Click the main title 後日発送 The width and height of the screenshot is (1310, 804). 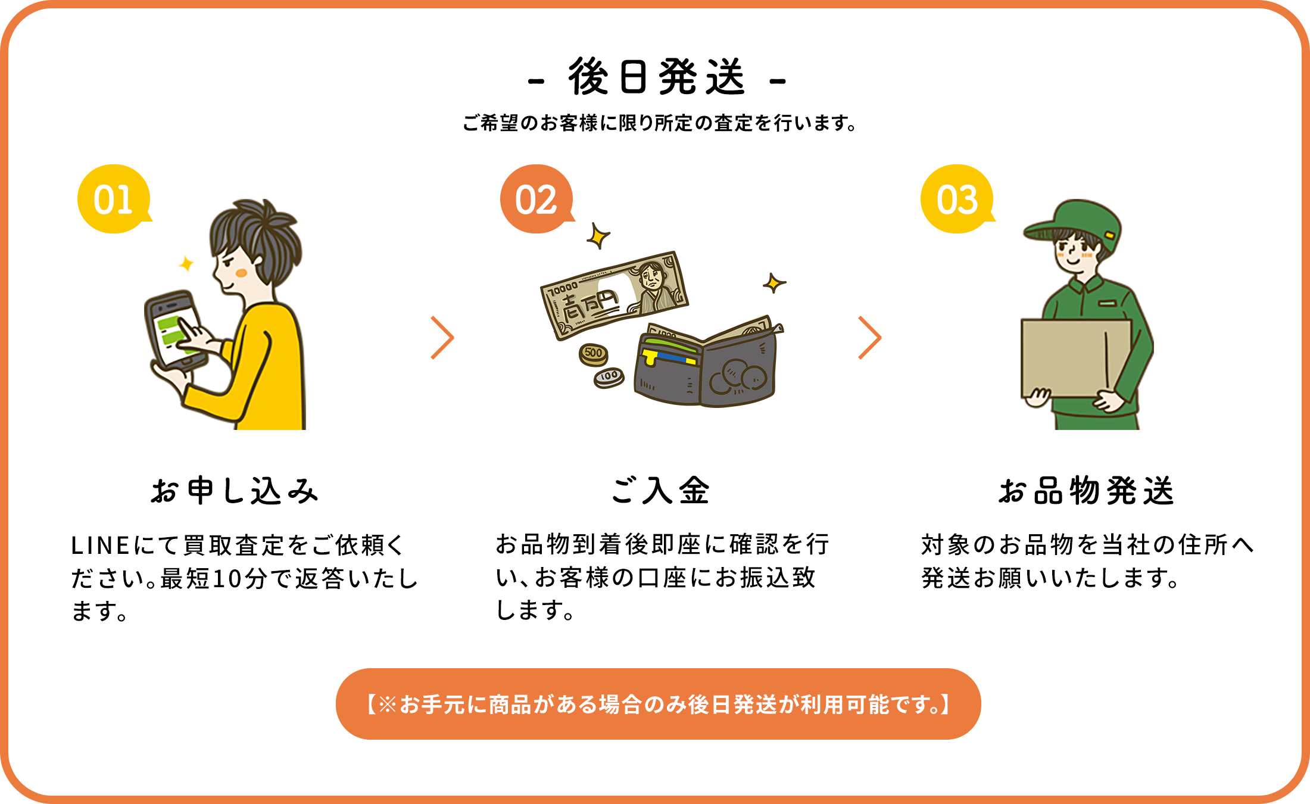pyautogui.click(x=656, y=77)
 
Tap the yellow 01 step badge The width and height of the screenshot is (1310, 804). pyautogui.click(x=113, y=200)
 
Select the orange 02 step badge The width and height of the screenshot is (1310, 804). pyautogui.click(x=536, y=200)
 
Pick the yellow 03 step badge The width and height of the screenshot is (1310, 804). pyautogui.click(x=957, y=200)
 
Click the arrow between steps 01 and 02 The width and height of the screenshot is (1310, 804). pyautogui.click(x=442, y=338)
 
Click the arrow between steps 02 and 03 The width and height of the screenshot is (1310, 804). pyautogui.click(x=869, y=338)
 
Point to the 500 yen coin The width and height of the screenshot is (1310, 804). pyautogui.click(x=593, y=354)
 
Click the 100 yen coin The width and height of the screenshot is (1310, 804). pyautogui.click(x=609, y=377)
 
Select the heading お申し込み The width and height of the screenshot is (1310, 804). pyautogui.click(x=235, y=491)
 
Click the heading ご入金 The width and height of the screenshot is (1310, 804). pyautogui.click(x=660, y=491)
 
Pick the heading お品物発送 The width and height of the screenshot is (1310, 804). pyautogui.click(x=1086, y=491)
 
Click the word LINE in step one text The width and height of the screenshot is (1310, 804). pyautogui.click(x=100, y=546)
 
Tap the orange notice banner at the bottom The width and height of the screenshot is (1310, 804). pyautogui.click(x=658, y=704)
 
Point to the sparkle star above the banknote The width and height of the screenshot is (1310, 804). pyautogui.click(x=598, y=236)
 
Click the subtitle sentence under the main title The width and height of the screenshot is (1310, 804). pyautogui.click(x=660, y=123)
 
